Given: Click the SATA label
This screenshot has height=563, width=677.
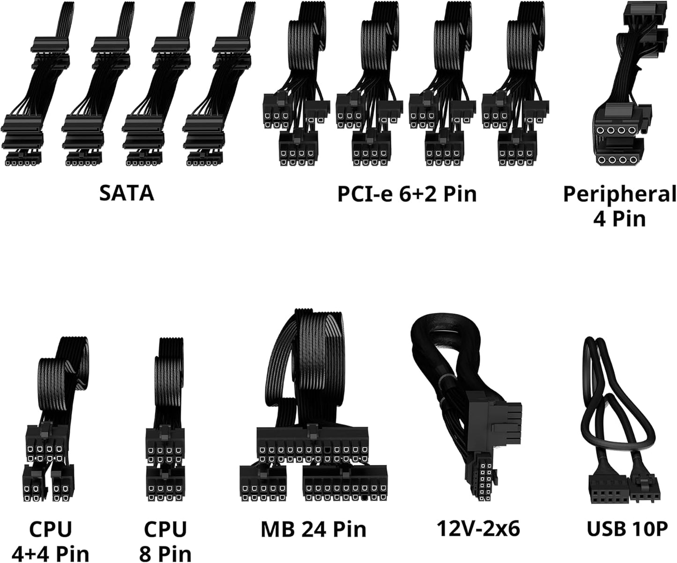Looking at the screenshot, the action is click(x=126, y=194).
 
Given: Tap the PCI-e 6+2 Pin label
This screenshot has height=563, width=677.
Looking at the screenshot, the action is click(x=407, y=194).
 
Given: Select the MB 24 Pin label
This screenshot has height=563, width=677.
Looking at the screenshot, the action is click(x=313, y=529).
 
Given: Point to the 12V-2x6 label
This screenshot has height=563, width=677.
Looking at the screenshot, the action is click(x=478, y=529).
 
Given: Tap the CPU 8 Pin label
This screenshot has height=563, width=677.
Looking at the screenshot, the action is click(x=165, y=541).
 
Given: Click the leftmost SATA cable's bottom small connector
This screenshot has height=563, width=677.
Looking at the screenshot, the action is click(x=23, y=159).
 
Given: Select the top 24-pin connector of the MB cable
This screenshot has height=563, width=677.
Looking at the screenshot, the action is click(x=312, y=444).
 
